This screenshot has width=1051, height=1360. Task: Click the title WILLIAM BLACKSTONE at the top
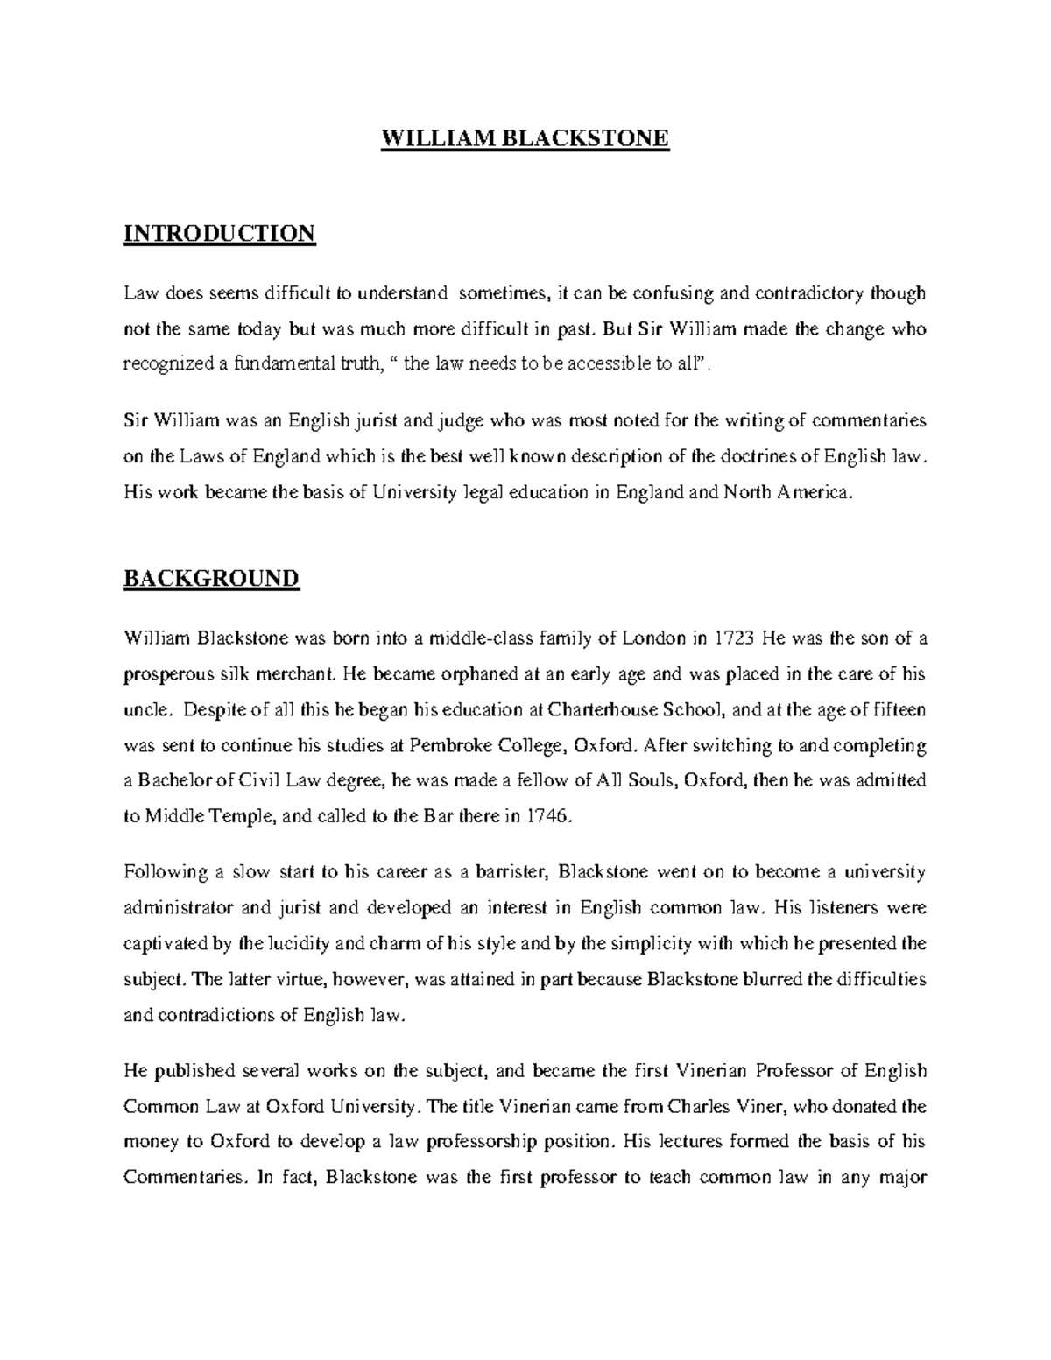click(525, 138)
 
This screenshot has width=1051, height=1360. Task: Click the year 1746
click(549, 816)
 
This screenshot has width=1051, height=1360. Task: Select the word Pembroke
click(442, 745)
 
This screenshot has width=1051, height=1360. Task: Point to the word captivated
click(165, 944)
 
